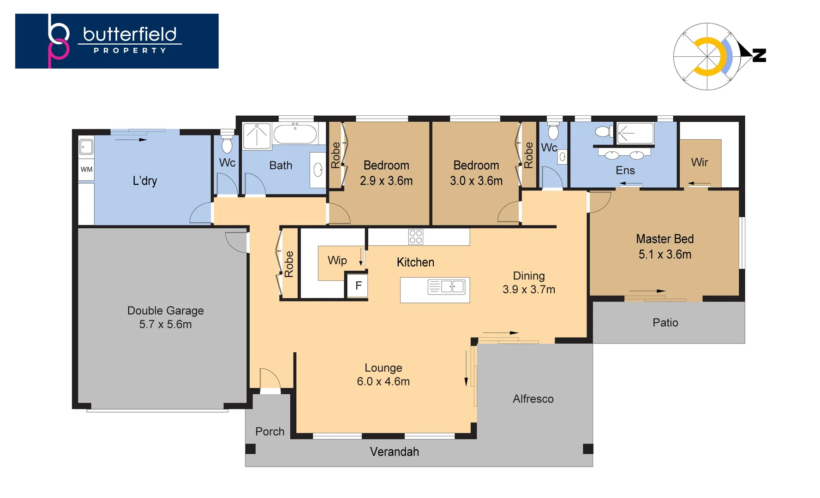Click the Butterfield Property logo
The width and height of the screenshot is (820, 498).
click(x=117, y=41)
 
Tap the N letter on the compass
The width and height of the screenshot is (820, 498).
click(x=759, y=55)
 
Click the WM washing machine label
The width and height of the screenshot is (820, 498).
click(x=86, y=169)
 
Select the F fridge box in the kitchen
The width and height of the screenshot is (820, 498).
click(x=358, y=286)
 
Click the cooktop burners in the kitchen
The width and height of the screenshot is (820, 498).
click(x=415, y=237)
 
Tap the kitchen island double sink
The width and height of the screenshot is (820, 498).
click(x=452, y=287)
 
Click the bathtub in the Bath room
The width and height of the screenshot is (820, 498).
click(x=295, y=134)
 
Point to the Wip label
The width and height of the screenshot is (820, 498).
click(x=337, y=261)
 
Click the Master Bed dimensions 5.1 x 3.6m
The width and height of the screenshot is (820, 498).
click(x=664, y=255)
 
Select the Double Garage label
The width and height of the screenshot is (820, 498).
click(x=165, y=311)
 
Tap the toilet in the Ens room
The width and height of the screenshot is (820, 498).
click(x=603, y=132)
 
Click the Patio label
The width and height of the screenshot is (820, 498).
click(x=665, y=323)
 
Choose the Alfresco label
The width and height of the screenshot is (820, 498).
click(x=533, y=399)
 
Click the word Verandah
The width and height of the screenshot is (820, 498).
click(x=394, y=452)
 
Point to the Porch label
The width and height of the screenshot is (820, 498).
click(x=269, y=432)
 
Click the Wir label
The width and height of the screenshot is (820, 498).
click(x=699, y=162)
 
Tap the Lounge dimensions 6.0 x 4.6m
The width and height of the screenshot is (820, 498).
click(x=383, y=382)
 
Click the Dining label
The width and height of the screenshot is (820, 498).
click(x=529, y=276)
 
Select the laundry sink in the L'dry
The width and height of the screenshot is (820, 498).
click(x=86, y=147)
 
